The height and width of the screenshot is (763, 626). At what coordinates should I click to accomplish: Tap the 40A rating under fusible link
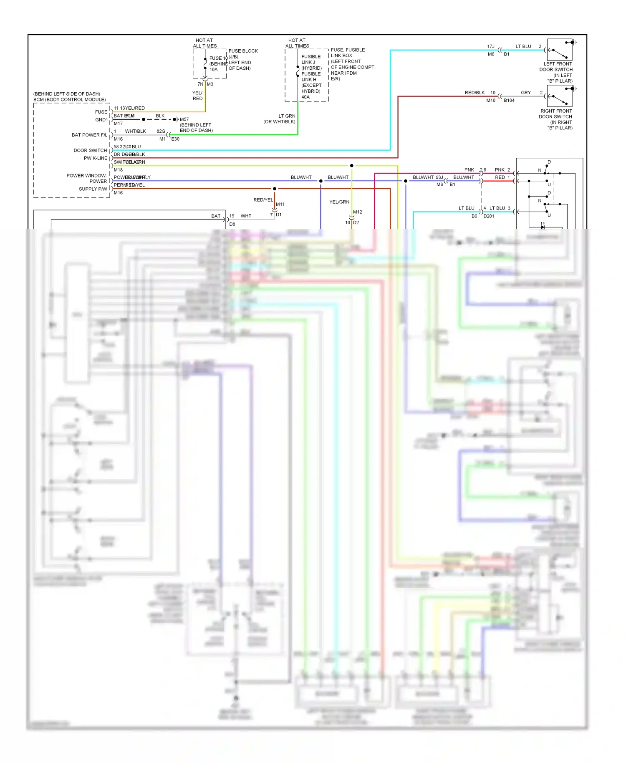point(305,97)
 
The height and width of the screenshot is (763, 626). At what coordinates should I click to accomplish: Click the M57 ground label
point(184,119)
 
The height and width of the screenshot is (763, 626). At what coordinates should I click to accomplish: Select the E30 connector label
point(175,139)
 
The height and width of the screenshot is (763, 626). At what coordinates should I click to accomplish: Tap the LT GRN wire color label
point(287,116)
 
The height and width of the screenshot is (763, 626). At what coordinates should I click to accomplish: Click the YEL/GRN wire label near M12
point(339,202)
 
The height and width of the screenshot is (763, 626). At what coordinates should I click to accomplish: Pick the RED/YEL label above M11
point(263,200)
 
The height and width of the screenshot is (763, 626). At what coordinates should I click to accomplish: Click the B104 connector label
point(509,101)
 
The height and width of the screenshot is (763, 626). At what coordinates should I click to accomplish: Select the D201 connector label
point(489,216)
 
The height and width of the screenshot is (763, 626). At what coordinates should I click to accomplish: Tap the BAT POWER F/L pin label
point(89,135)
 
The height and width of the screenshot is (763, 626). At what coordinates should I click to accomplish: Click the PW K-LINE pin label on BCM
point(96,158)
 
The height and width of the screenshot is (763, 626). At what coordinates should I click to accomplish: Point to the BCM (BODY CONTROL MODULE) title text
point(70,99)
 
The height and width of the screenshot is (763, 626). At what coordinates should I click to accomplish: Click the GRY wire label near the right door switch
point(526,93)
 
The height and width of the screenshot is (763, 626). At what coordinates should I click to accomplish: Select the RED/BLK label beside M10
point(475,93)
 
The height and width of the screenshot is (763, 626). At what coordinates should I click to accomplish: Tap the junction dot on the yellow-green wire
point(352,166)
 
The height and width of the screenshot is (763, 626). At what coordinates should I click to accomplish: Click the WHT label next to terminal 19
point(246,216)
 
